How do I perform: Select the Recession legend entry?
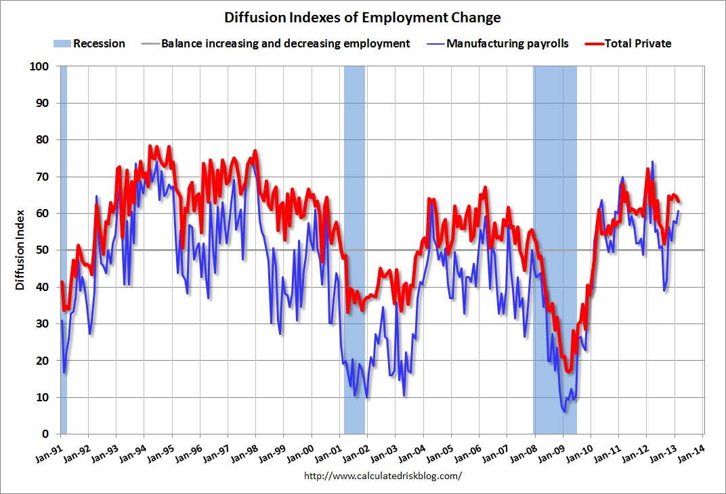89,43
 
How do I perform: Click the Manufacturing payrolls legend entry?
498,43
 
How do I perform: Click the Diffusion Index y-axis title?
20,250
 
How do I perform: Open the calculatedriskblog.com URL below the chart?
383,476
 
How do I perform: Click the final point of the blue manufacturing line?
679,212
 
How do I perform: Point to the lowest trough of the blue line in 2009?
565,411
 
